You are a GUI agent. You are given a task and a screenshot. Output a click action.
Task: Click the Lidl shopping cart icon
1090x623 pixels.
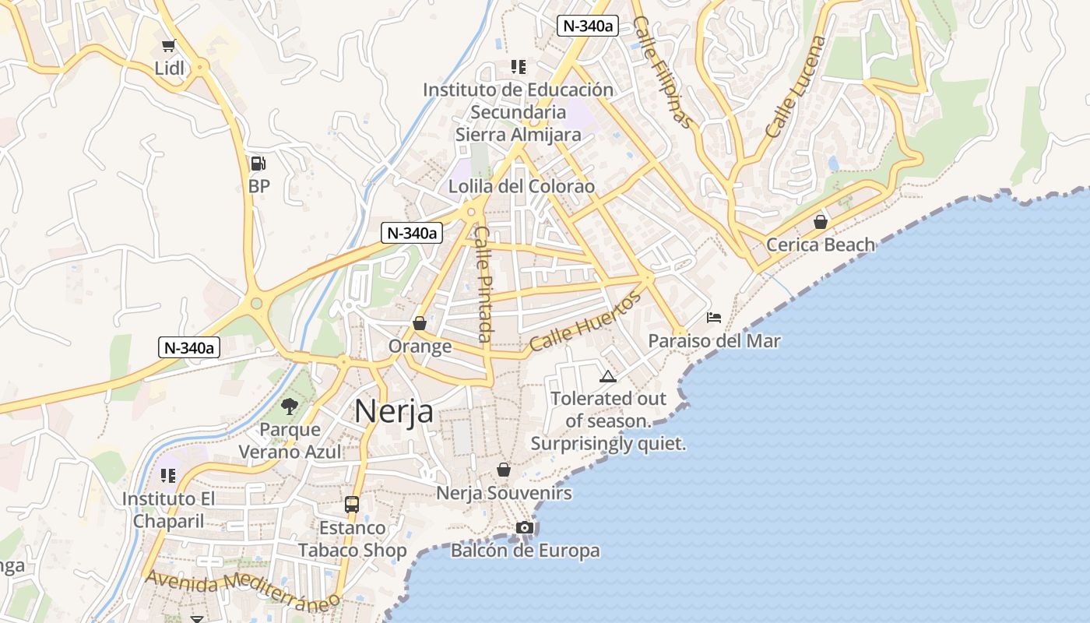coord(168,46)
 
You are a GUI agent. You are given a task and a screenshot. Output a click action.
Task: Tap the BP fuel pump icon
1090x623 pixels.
coord(258,164)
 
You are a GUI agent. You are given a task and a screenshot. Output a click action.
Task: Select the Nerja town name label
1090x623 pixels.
coord(394,411)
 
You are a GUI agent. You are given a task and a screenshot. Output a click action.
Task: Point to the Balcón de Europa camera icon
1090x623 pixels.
coord(525,528)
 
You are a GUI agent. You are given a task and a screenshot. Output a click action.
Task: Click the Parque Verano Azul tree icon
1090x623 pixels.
coord(290,406)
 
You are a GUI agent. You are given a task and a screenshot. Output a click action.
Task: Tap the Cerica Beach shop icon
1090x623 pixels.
coord(820,222)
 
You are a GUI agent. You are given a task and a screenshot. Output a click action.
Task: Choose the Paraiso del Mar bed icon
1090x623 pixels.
coord(714,317)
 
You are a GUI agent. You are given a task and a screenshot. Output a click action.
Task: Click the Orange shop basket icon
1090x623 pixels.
coord(420,322)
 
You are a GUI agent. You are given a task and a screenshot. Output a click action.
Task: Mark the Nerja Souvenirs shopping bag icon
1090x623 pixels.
coord(504,470)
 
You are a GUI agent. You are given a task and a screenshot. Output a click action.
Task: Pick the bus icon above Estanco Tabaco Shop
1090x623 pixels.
coord(352,504)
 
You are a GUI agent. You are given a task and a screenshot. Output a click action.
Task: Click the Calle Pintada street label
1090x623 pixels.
coord(484,284)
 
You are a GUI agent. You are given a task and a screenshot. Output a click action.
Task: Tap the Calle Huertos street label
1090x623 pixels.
coord(585,322)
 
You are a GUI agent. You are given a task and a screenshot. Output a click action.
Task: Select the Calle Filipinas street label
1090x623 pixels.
coord(663,72)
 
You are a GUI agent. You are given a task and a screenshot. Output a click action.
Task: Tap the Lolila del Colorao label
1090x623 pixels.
coord(522,187)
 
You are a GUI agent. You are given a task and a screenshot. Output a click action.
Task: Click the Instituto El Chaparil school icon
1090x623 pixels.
coord(167,475)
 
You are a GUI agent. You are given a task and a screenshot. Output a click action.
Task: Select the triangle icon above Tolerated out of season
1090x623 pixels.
coord(608,377)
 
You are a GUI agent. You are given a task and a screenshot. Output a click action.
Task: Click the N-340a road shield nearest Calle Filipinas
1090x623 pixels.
coord(588,26)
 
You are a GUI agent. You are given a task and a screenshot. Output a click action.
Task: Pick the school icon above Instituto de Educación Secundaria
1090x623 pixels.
coord(518,67)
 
